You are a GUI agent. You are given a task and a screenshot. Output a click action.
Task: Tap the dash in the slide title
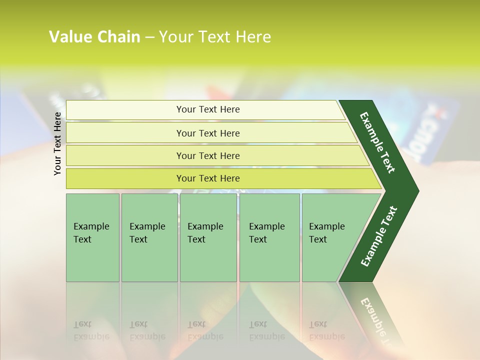click(149, 37)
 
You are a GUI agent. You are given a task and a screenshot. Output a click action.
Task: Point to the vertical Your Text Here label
click(57, 143)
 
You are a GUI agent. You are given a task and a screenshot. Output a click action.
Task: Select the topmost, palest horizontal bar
click(207, 109)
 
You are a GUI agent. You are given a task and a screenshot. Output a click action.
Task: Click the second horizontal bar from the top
click(207, 133)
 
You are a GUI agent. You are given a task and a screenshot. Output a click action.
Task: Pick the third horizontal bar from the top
click(207, 155)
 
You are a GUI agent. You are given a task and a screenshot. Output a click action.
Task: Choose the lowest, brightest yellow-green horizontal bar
click(207, 178)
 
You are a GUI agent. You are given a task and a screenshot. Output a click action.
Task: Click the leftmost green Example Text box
click(92, 237)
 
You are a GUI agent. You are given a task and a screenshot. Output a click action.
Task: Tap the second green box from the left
click(149, 237)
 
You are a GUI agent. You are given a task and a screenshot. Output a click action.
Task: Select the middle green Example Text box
click(208, 237)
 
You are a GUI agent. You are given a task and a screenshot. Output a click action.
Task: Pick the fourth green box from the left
click(269, 237)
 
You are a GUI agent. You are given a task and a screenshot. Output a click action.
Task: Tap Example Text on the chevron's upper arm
click(377, 142)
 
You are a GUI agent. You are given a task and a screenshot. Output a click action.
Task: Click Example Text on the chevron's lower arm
click(379, 236)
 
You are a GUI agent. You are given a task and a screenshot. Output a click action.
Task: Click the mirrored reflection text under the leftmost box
click(91, 330)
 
